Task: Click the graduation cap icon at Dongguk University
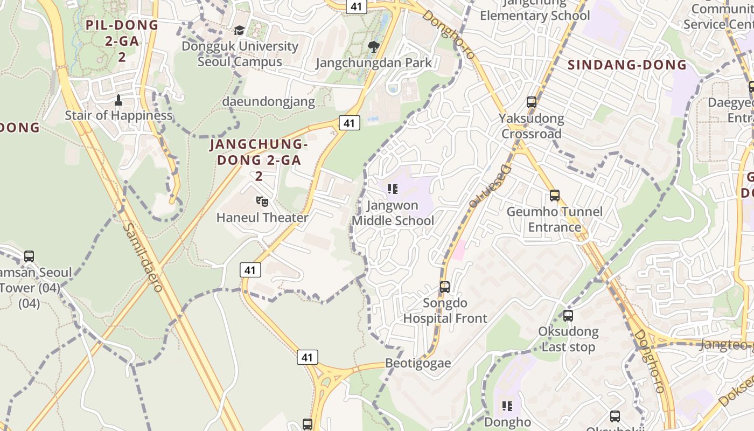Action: point(239,31)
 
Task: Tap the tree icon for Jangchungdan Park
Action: point(373,47)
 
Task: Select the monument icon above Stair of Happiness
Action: point(118,100)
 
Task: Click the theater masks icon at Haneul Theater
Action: point(262,202)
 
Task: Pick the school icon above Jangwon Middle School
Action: point(393,189)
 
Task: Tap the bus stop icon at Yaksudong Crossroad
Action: point(532,102)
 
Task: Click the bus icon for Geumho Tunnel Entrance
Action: point(555,196)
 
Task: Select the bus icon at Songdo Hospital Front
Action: point(445,287)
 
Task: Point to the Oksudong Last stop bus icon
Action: point(568,316)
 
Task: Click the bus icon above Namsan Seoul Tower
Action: point(29,256)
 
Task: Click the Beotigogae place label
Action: point(418,363)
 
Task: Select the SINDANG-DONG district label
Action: point(627,65)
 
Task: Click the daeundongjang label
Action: point(268,101)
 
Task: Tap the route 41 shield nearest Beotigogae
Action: point(307,357)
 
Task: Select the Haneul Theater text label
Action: point(262,218)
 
